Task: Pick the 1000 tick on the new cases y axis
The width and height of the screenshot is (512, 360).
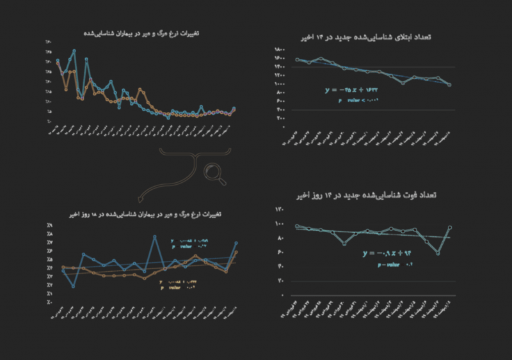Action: pyautogui.click(x=280, y=84)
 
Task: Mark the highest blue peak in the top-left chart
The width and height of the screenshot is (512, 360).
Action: pyautogui.click(x=75, y=51)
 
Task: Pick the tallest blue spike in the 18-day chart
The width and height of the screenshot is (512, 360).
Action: pyautogui.click(x=155, y=237)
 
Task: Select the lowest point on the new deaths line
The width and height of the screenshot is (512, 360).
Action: pyautogui.click(x=438, y=253)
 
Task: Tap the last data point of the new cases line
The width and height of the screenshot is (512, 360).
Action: pyautogui.click(x=450, y=84)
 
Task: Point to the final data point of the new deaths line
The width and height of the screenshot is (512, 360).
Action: pyautogui.click(x=450, y=227)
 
